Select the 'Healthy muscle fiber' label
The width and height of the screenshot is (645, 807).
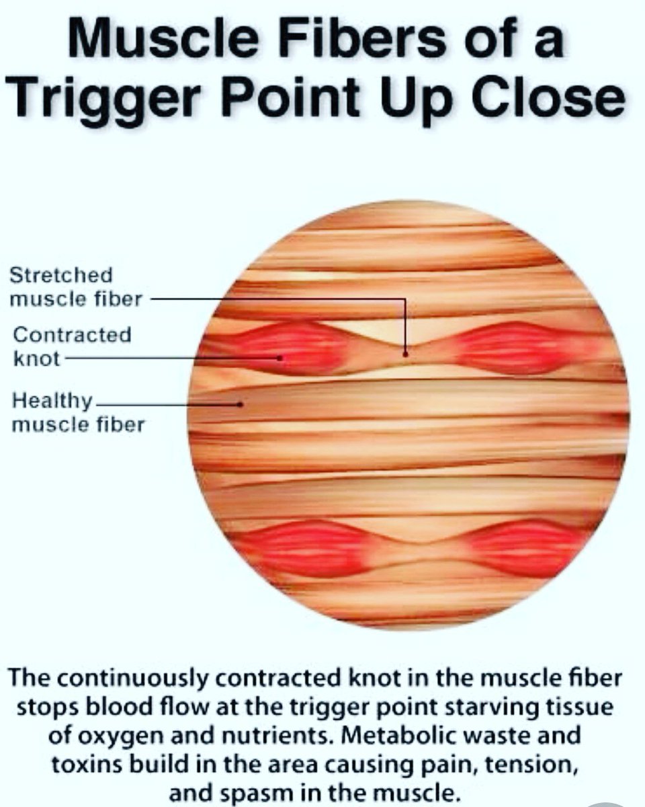(78, 413)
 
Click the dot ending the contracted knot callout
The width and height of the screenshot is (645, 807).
(280, 358)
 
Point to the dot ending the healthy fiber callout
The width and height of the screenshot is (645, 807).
(240, 404)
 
